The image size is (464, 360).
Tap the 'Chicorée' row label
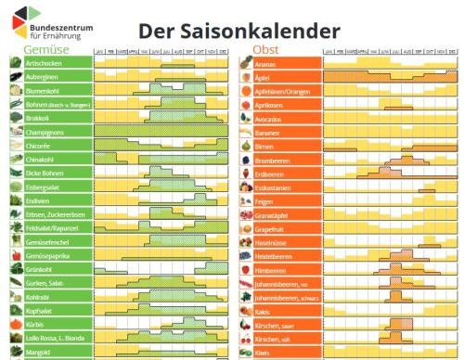pyautogui.click(x=41, y=147)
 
